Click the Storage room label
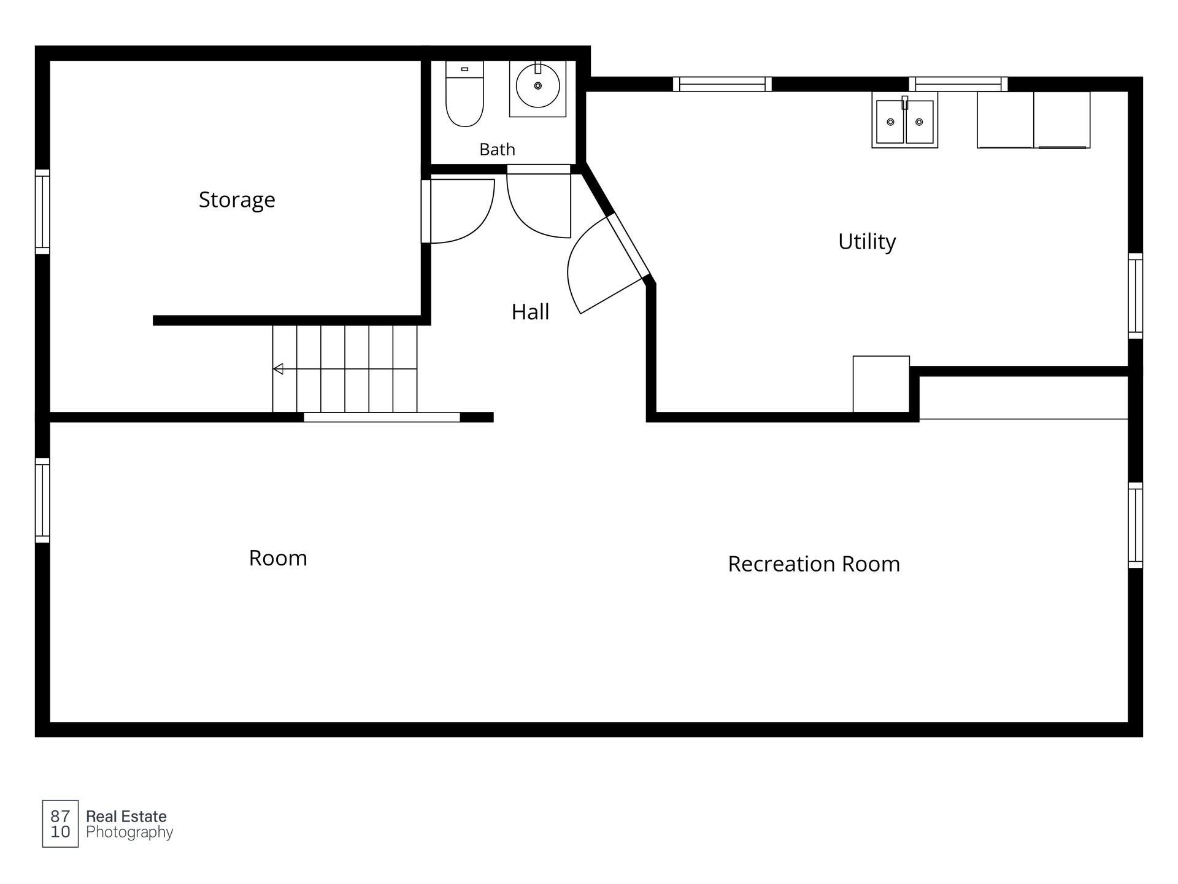coord(237,200)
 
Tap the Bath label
coord(497,149)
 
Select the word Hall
coord(530,312)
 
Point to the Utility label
coord(866,242)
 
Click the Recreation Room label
coord(814,564)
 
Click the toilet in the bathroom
coord(464,93)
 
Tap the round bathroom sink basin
coord(537,86)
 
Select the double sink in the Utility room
coord(904,120)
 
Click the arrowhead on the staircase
coord(278,369)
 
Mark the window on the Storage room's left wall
coord(42,212)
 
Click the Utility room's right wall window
coord(1135,295)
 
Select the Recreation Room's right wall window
coord(1135,525)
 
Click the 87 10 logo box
coord(60,824)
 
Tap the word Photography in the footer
coord(129,832)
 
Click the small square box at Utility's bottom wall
coord(881,384)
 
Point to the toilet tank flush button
coord(464,69)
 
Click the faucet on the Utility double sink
coord(904,103)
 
